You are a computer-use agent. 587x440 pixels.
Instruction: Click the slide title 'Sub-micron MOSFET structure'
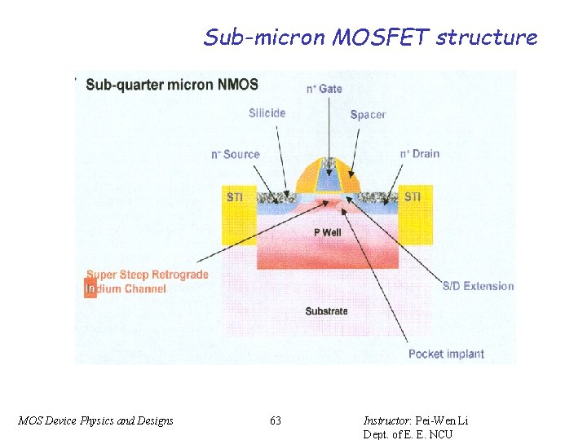pyautogui.click(x=370, y=37)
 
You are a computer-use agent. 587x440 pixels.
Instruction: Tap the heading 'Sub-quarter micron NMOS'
pyautogui.click(x=172, y=84)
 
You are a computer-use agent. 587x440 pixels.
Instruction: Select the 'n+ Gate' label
pyautogui.click(x=324, y=88)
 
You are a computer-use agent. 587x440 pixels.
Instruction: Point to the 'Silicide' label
pyautogui.click(x=267, y=113)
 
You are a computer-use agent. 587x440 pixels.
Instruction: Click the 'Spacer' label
pyautogui.click(x=368, y=115)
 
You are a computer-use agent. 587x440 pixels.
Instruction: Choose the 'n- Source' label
pyautogui.click(x=235, y=154)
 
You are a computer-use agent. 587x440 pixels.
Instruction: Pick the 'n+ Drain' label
pyautogui.click(x=420, y=153)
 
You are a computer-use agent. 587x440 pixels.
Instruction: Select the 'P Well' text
pyautogui.click(x=328, y=232)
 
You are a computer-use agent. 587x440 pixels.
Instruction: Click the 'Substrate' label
pyautogui.click(x=326, y=311)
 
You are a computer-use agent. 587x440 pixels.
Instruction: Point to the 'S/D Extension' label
pyautogui.click(x=479, y=286)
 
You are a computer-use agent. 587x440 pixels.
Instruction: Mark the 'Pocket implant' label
pyautogui.click(x=446, y=354)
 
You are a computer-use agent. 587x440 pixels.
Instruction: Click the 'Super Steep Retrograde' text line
pyautogui.click(x=148, y=275)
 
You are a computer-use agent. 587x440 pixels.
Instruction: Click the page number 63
pyautogui.click(x=276, y=420)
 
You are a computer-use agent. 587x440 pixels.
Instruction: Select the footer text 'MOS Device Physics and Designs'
pyautogui.click(x=95, y=420)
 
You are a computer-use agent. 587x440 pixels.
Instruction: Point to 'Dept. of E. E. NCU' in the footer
pyautogui.click(x=408, y=433)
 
